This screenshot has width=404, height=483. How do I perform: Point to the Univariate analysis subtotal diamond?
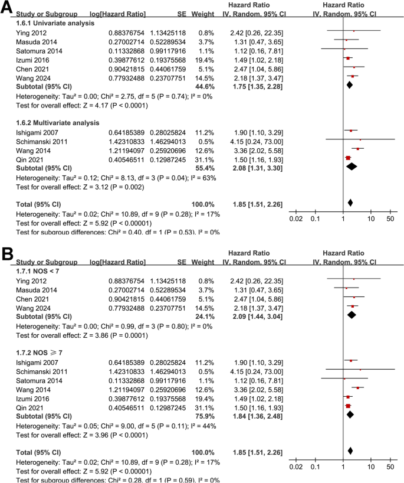pyautogui.click(x=349, y=86)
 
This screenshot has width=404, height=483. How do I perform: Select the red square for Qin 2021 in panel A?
pyautogui.click(x=348, y=158)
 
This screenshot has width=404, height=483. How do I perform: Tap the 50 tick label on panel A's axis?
pyautogui.click(x=390, y=218)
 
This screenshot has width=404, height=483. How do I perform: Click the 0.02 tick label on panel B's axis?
pyautogui.click(x=297, y=466)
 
